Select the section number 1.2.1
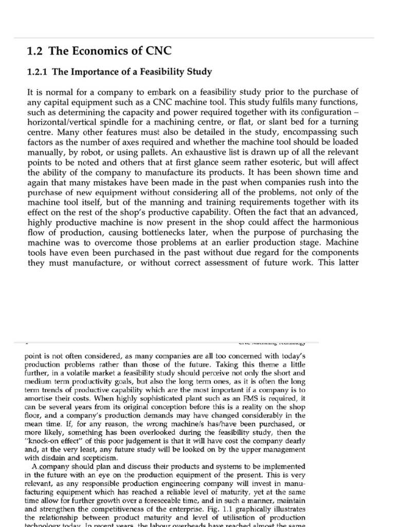(x=38, y=72)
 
